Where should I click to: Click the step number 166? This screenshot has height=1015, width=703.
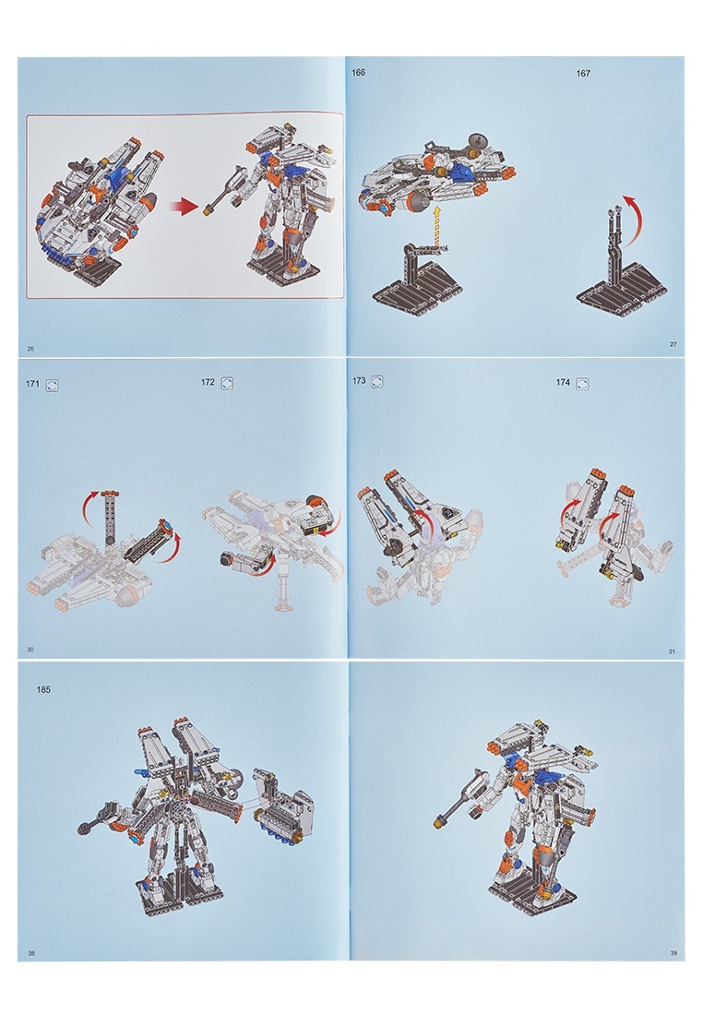(358, 73)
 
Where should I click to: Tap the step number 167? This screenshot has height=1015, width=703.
(583, 74)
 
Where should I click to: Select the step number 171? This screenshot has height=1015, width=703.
(32, 384)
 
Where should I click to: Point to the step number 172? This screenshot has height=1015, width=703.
(208, 382)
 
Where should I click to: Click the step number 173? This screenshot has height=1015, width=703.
(359, 380)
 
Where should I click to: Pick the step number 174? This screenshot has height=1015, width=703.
(563, 383)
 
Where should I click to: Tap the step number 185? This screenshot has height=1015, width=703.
(43, 689)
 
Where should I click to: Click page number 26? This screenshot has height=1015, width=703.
(30, 349)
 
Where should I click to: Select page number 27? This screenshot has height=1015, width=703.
(673, 344)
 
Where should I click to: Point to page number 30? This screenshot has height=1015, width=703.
(30, 650)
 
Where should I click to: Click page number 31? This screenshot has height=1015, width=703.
(672, 651)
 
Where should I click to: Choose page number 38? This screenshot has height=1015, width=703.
(31, 953)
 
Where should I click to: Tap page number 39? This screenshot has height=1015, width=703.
(673, 952)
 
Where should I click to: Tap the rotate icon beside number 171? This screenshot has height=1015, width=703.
(53, 385)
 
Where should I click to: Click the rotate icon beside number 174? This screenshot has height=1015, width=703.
(582, 384)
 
